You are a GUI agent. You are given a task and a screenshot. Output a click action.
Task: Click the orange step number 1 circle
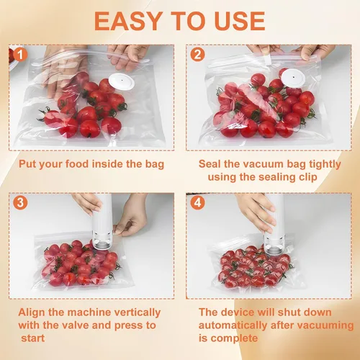click(20, 55)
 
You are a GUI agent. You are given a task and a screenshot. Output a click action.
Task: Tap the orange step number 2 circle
click(197, 55)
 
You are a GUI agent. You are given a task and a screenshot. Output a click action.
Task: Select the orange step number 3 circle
click(20, 202)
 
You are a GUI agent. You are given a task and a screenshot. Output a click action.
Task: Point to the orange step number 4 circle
click(197, 202)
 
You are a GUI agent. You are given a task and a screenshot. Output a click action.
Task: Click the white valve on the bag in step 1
click(122, 81)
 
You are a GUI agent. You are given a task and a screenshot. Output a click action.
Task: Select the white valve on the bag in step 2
click(293, 77)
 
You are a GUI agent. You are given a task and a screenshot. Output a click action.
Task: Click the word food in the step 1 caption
click(77, 164)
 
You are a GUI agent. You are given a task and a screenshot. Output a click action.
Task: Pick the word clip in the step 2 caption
click(307, 177)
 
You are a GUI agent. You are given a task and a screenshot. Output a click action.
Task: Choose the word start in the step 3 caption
click(32, 338)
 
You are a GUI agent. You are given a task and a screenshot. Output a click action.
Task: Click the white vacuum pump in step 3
click(103, 222)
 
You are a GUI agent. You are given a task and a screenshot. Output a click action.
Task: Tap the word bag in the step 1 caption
click(155, 164)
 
